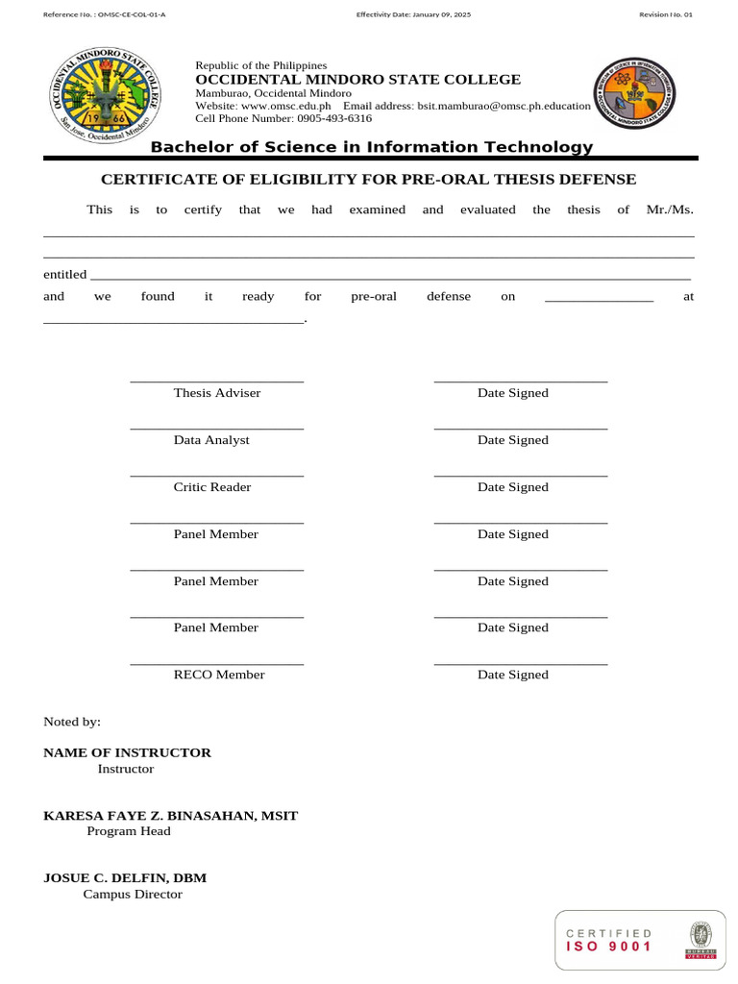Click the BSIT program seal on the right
pos(634,92)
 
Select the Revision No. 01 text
pos(665,15)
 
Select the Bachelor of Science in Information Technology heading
pos(372,147)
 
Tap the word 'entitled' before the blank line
pos(65,275)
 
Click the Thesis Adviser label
pos(217,393)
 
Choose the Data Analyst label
pos(211,440)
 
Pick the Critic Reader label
pos(212,487)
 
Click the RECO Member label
pos(219,675)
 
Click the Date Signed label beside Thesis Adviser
pos(513,393)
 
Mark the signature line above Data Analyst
pos(217,429)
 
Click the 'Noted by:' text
pos(72,722)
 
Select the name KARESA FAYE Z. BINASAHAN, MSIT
pos(171,816)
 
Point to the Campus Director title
pos(133,895)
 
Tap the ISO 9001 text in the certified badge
pos(609,947)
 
